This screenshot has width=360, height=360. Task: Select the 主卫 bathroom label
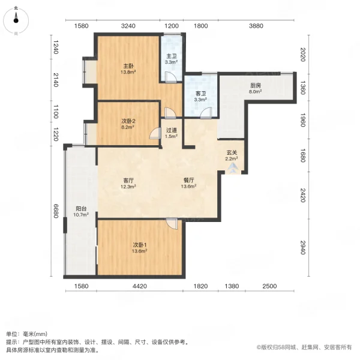pos(170,58)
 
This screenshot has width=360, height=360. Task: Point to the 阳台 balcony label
pos(81,211)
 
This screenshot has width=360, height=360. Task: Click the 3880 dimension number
pos(256,26)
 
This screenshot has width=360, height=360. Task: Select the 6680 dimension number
pos(55,211)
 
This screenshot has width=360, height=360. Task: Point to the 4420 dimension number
pos(140,287)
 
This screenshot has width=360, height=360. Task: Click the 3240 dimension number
pos(128,26)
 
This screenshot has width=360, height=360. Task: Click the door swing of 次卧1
pos(173,224)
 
